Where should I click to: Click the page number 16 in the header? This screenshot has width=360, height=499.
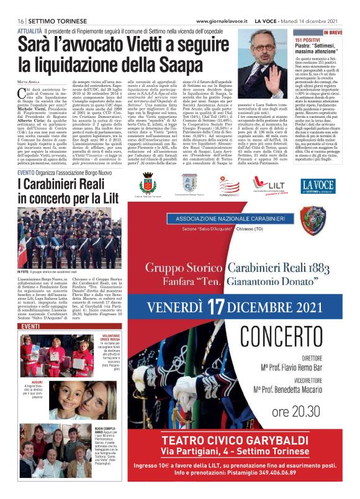coord(20,5)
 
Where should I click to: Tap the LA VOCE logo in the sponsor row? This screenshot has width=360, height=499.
coord(318,185)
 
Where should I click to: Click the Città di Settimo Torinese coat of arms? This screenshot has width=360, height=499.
coord(146,185)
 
